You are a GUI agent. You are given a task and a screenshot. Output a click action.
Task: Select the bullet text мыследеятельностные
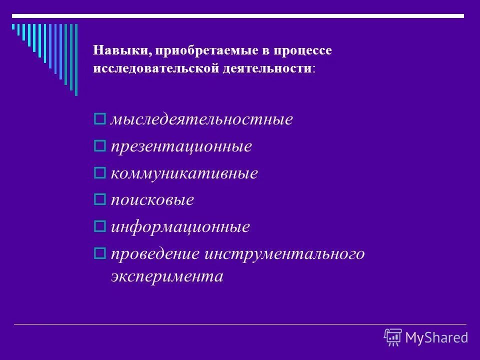coord(201,120)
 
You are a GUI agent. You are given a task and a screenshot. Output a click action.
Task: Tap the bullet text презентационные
coord(180,147)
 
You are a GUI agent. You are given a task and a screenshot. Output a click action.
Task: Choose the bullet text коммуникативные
coord(184,174)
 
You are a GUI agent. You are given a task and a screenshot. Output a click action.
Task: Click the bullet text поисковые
coord(152,200)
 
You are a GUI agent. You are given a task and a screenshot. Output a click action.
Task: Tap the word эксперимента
coord(166,275)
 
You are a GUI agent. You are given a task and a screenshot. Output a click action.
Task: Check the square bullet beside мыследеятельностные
coord(99,120)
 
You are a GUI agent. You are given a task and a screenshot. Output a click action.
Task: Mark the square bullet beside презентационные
coord(99,147)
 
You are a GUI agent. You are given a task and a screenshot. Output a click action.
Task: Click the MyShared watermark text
coord(436,337)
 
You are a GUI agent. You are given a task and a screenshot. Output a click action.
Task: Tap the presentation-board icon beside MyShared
coord(393,337)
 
